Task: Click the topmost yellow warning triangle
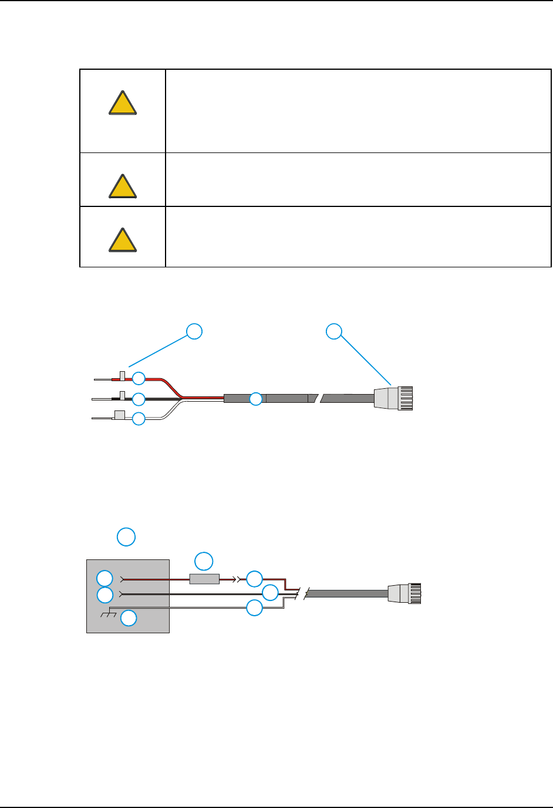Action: [x=123, y=103]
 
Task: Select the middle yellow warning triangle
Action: [x=123, y=186]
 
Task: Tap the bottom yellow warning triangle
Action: [x=123, y=240]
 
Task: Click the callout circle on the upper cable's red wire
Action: [x=139, y=378]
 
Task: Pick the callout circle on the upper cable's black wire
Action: [x=139, y=399]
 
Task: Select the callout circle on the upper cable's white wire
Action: [x=139, y=419]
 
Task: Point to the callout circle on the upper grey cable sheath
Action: [x=256, y=399]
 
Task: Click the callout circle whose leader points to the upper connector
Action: [x=334, y=331]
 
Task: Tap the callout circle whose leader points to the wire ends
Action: [x=194, y=331]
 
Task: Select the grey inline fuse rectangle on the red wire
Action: [x=204, y=579]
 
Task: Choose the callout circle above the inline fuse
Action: [x=204, y=561]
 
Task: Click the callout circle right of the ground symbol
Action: [x=129, y=618]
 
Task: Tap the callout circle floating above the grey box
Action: [x=126, y=537]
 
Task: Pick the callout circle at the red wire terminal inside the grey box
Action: [x=104, y=578]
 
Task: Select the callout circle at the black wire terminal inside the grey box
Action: [x=104, y=595]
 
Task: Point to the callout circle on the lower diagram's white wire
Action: [x=254, y=608]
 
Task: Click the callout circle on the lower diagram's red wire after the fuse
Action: [x=254, y=579]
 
